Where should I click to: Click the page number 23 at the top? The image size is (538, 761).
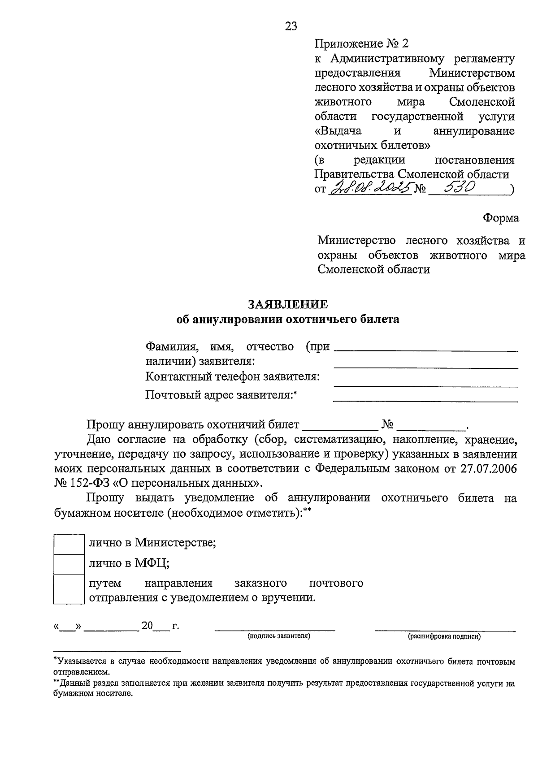coord(291,26)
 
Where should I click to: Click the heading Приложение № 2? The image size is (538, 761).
coord(362,43)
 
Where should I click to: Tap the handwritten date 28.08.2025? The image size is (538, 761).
coord(370,188)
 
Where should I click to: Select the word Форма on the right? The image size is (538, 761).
coord(501,218)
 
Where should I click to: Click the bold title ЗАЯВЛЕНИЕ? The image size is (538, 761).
coord(288,304)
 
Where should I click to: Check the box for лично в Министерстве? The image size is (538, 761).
coord(69,544)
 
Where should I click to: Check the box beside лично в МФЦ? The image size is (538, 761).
coord(69,564)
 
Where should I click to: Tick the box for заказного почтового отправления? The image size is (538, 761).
coord(69,589)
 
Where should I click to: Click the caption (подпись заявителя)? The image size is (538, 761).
coord(279,636)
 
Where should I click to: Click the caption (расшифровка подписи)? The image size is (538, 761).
coord(444,636)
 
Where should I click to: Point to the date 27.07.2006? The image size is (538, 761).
coord(489,469)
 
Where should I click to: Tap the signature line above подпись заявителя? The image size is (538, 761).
coord(275,630)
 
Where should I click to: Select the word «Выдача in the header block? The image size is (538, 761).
coord(338,131)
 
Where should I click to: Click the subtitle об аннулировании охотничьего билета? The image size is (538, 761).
coord(287,320)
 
